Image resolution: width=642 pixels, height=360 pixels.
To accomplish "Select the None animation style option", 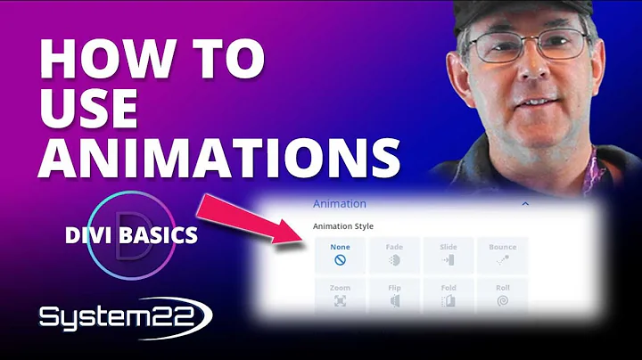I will coord(340,255).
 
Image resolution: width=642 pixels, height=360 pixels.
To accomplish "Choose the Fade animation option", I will coord(393,255).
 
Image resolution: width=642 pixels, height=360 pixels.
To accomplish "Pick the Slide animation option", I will coord(448,255).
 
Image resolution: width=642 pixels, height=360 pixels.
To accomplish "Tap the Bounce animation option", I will coord(503,255).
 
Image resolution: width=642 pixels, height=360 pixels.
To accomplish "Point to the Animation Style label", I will coord(344,226).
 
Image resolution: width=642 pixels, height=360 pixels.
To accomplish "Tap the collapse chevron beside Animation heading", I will coord(525,203).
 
